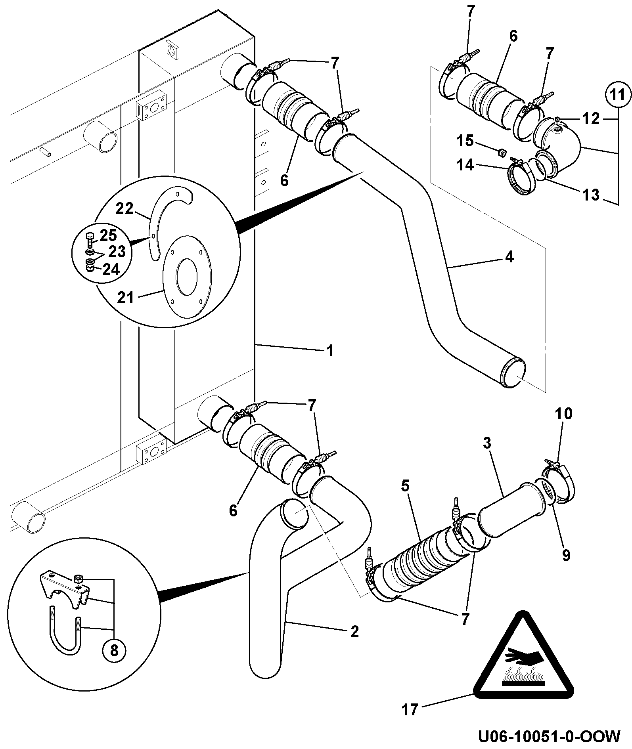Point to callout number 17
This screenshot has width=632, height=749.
click(x=410, y=709)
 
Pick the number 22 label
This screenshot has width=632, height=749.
click(x=124, y=208)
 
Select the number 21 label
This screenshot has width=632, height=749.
click(x=126, y=297)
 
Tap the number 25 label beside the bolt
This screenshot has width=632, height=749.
click(x=108, y=235)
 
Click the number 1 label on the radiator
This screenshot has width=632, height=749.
click(x=330, y=351)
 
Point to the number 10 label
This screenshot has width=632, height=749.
click(x=564, y=414)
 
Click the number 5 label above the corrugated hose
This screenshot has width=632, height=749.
click(x=405, y=486)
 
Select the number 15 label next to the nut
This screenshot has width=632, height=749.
click(x=465, y=140)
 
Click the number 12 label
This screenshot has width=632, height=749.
click(x=591, y=118)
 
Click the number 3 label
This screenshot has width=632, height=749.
click(x=487, y=443)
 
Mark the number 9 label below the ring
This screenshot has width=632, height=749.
click(x=566, y=555)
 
